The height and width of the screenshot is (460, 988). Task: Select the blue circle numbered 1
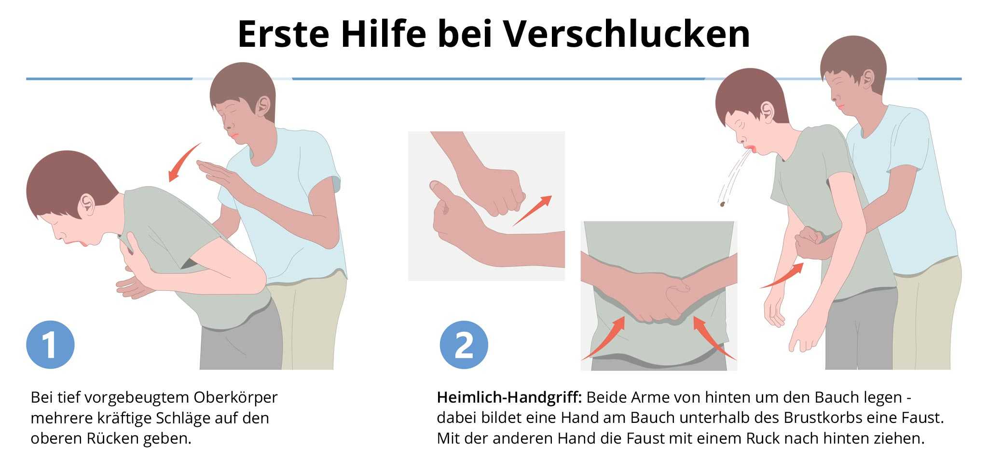[x=50, y=345]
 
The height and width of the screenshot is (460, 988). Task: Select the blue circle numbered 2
[x=464, y=345]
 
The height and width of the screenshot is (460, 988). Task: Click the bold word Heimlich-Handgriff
[x=509, y=397]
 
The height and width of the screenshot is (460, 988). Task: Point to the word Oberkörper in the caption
[x=235, y=398]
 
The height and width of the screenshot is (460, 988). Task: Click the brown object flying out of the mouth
[x=723, y=204]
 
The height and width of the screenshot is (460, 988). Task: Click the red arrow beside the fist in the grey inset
[x=532, y=211]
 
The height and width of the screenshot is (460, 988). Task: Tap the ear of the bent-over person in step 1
[x=87, y=204]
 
